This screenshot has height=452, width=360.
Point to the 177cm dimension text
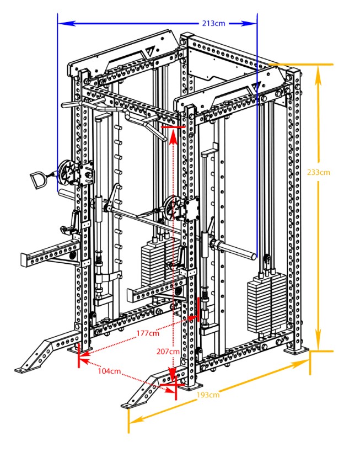pos(148,332)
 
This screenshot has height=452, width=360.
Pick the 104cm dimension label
pos(109,371)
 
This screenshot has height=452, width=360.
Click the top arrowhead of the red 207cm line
pos(173,134)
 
